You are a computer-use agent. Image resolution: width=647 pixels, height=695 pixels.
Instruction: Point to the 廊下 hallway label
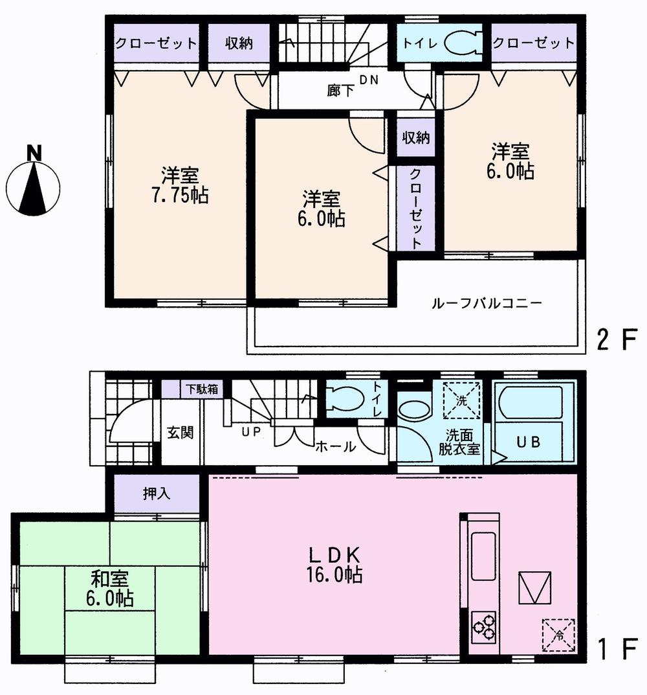click(x=340, y=91)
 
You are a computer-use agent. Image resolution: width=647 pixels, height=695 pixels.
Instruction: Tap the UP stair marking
click(x=251, y=431)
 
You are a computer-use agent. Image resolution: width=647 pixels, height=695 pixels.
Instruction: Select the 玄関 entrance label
click(x=181, y=433)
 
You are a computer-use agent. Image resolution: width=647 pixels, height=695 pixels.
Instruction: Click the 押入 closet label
click(x=156, y=494)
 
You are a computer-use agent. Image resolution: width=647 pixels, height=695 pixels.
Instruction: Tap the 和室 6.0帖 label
click(x=108, y=587)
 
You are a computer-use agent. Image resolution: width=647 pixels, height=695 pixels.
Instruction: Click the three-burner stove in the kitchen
click(x=483, y=625)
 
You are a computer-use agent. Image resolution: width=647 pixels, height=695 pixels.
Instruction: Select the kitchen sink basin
click(x=483, y=556)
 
